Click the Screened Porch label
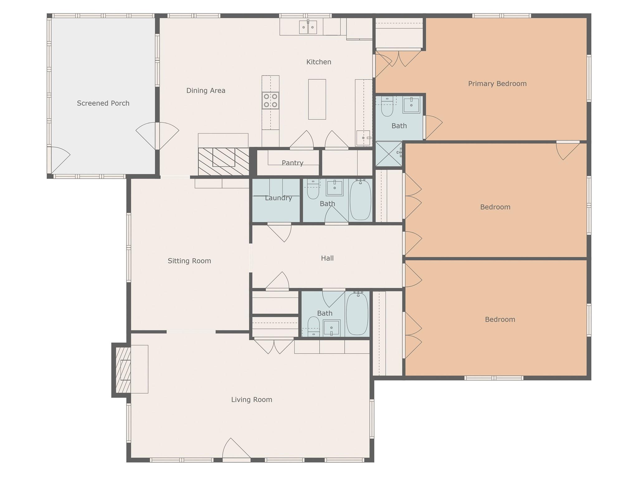tap(103, 103)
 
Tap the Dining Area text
tap(206, 91)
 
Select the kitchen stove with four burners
tap(270, 101)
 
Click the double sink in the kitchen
tap(308, 27)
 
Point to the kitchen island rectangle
tap(317, 99)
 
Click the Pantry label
tap(293, 163)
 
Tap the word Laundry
tap(279, 198)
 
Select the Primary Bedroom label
tap(497, 84)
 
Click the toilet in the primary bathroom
tap(387, 107)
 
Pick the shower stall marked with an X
tap(389, 154)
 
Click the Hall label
tap(327, 258)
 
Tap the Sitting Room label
tap(189, 261)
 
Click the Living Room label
tap(252, 400)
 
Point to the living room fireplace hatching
tap(123, 370)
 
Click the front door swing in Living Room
tap(236, 448)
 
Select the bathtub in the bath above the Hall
tap(360, 200)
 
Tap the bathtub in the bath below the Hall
tap(357, 314)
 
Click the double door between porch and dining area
tap(157, 136)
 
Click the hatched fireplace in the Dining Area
tap(224, 162)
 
